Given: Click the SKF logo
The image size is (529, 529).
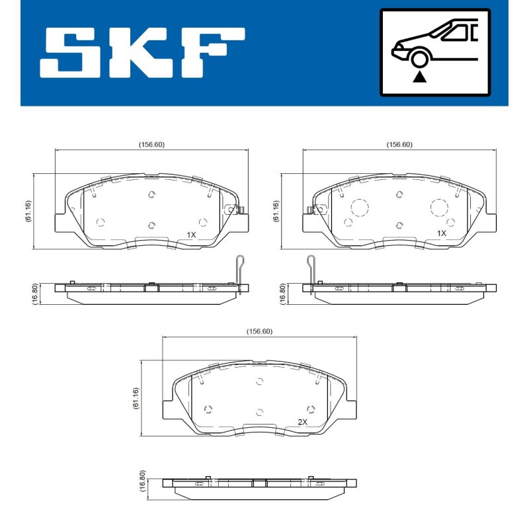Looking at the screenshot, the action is pos(142,53).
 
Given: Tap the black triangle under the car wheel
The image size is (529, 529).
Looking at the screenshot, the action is pos(419,77).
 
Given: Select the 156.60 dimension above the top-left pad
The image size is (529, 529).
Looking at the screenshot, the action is pos(151,144).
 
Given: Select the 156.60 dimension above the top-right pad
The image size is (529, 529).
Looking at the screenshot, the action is pos(399,144).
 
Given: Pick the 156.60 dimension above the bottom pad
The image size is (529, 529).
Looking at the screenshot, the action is pos(259,331).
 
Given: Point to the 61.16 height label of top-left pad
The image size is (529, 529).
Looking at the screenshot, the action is pos(28,211).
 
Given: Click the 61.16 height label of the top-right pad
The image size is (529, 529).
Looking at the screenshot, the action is pos(276,211).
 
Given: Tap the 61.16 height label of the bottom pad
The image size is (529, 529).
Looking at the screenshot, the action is pos(136,398).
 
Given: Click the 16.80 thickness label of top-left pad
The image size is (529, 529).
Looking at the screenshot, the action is pos(35,294).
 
